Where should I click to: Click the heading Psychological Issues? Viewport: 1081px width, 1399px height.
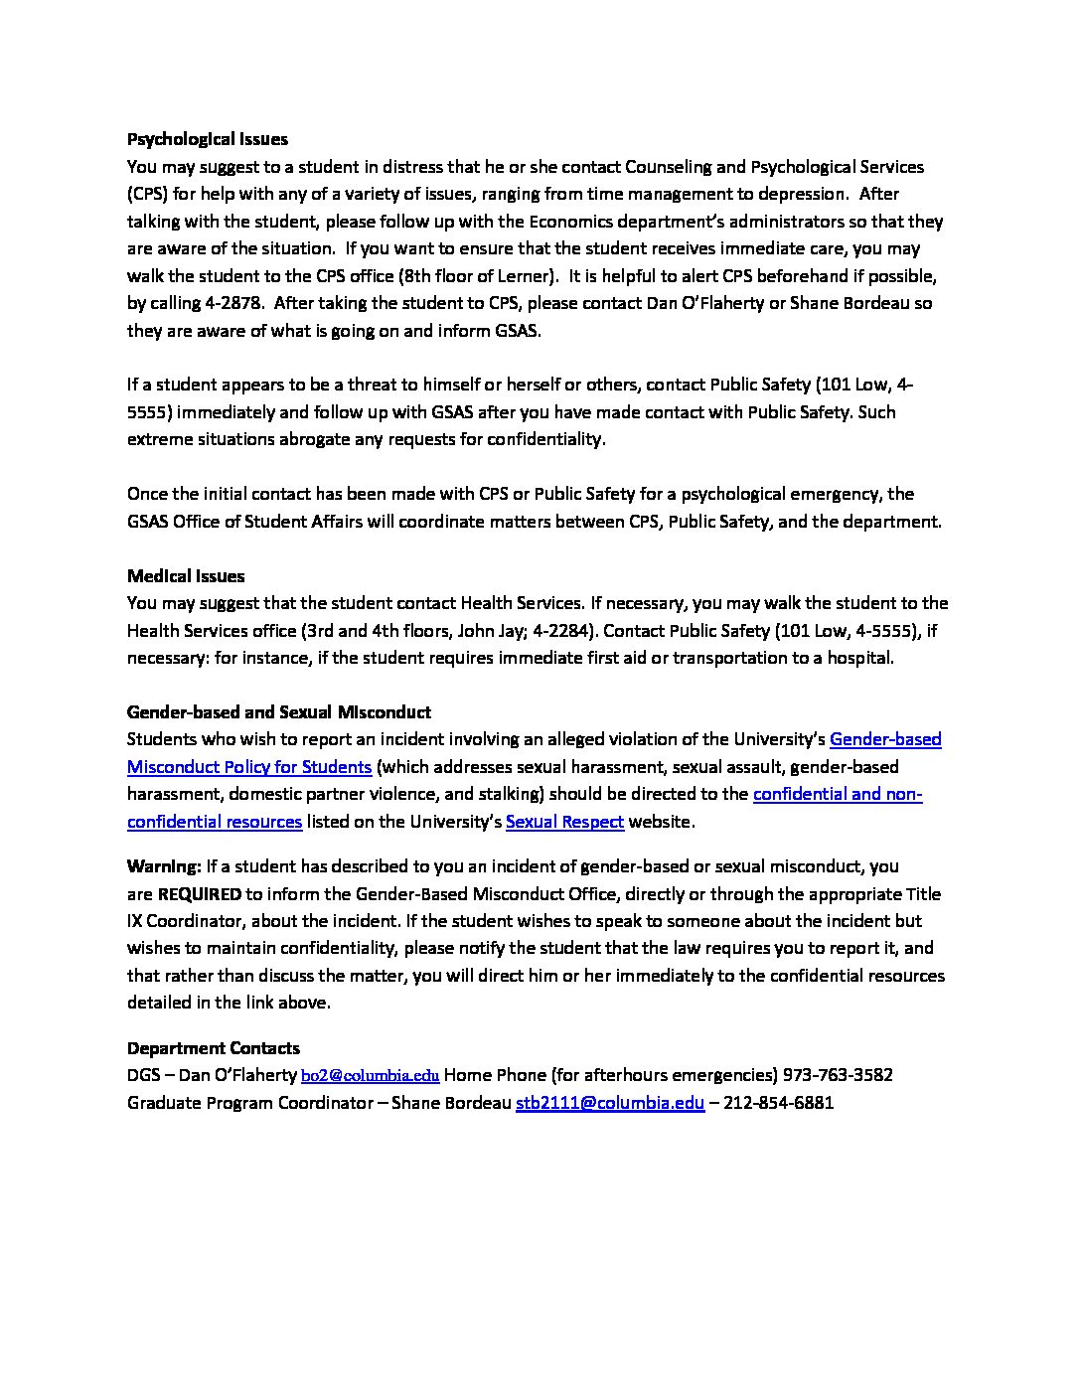(x=207, y=139)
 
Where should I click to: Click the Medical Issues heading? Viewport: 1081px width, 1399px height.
(x=186, y=576)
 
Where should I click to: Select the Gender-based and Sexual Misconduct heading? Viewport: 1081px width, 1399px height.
(x=279, y=712)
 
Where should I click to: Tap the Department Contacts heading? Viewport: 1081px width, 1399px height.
(x=214, y=1048)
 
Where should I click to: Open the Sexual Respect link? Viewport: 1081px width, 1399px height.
(x=564, y=822)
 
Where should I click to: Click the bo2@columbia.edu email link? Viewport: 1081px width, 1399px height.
(x=370, y=1075)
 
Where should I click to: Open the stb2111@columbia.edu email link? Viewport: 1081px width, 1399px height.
(x=610, y=1103)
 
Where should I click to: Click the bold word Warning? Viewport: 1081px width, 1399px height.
(x=164, y=866)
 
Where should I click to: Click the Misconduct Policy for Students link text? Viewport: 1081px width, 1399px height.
(x=249, y=767)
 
